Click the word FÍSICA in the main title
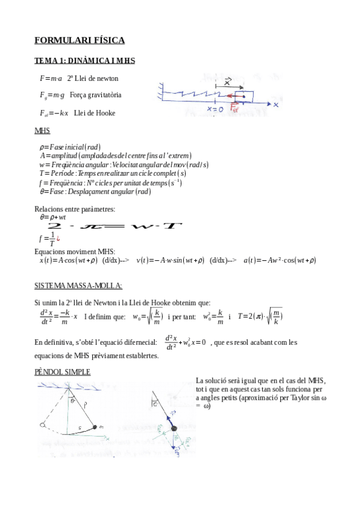click(108, 40)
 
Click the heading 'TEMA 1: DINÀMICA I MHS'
click(84, 61)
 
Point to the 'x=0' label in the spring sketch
click(215, 109)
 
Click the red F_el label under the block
click(235, 109)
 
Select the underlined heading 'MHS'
click(42, 131)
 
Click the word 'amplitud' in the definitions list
click(66, 156)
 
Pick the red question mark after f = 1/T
click(58, 238)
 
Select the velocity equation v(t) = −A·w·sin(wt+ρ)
click(171, 260)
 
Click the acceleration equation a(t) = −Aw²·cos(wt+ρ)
click(280, 260)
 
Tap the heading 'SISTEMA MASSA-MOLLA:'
click(78, 285)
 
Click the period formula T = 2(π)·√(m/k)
click(260, 316)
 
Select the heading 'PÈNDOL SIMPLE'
click(63, 372)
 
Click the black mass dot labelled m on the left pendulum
click(95, 427)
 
